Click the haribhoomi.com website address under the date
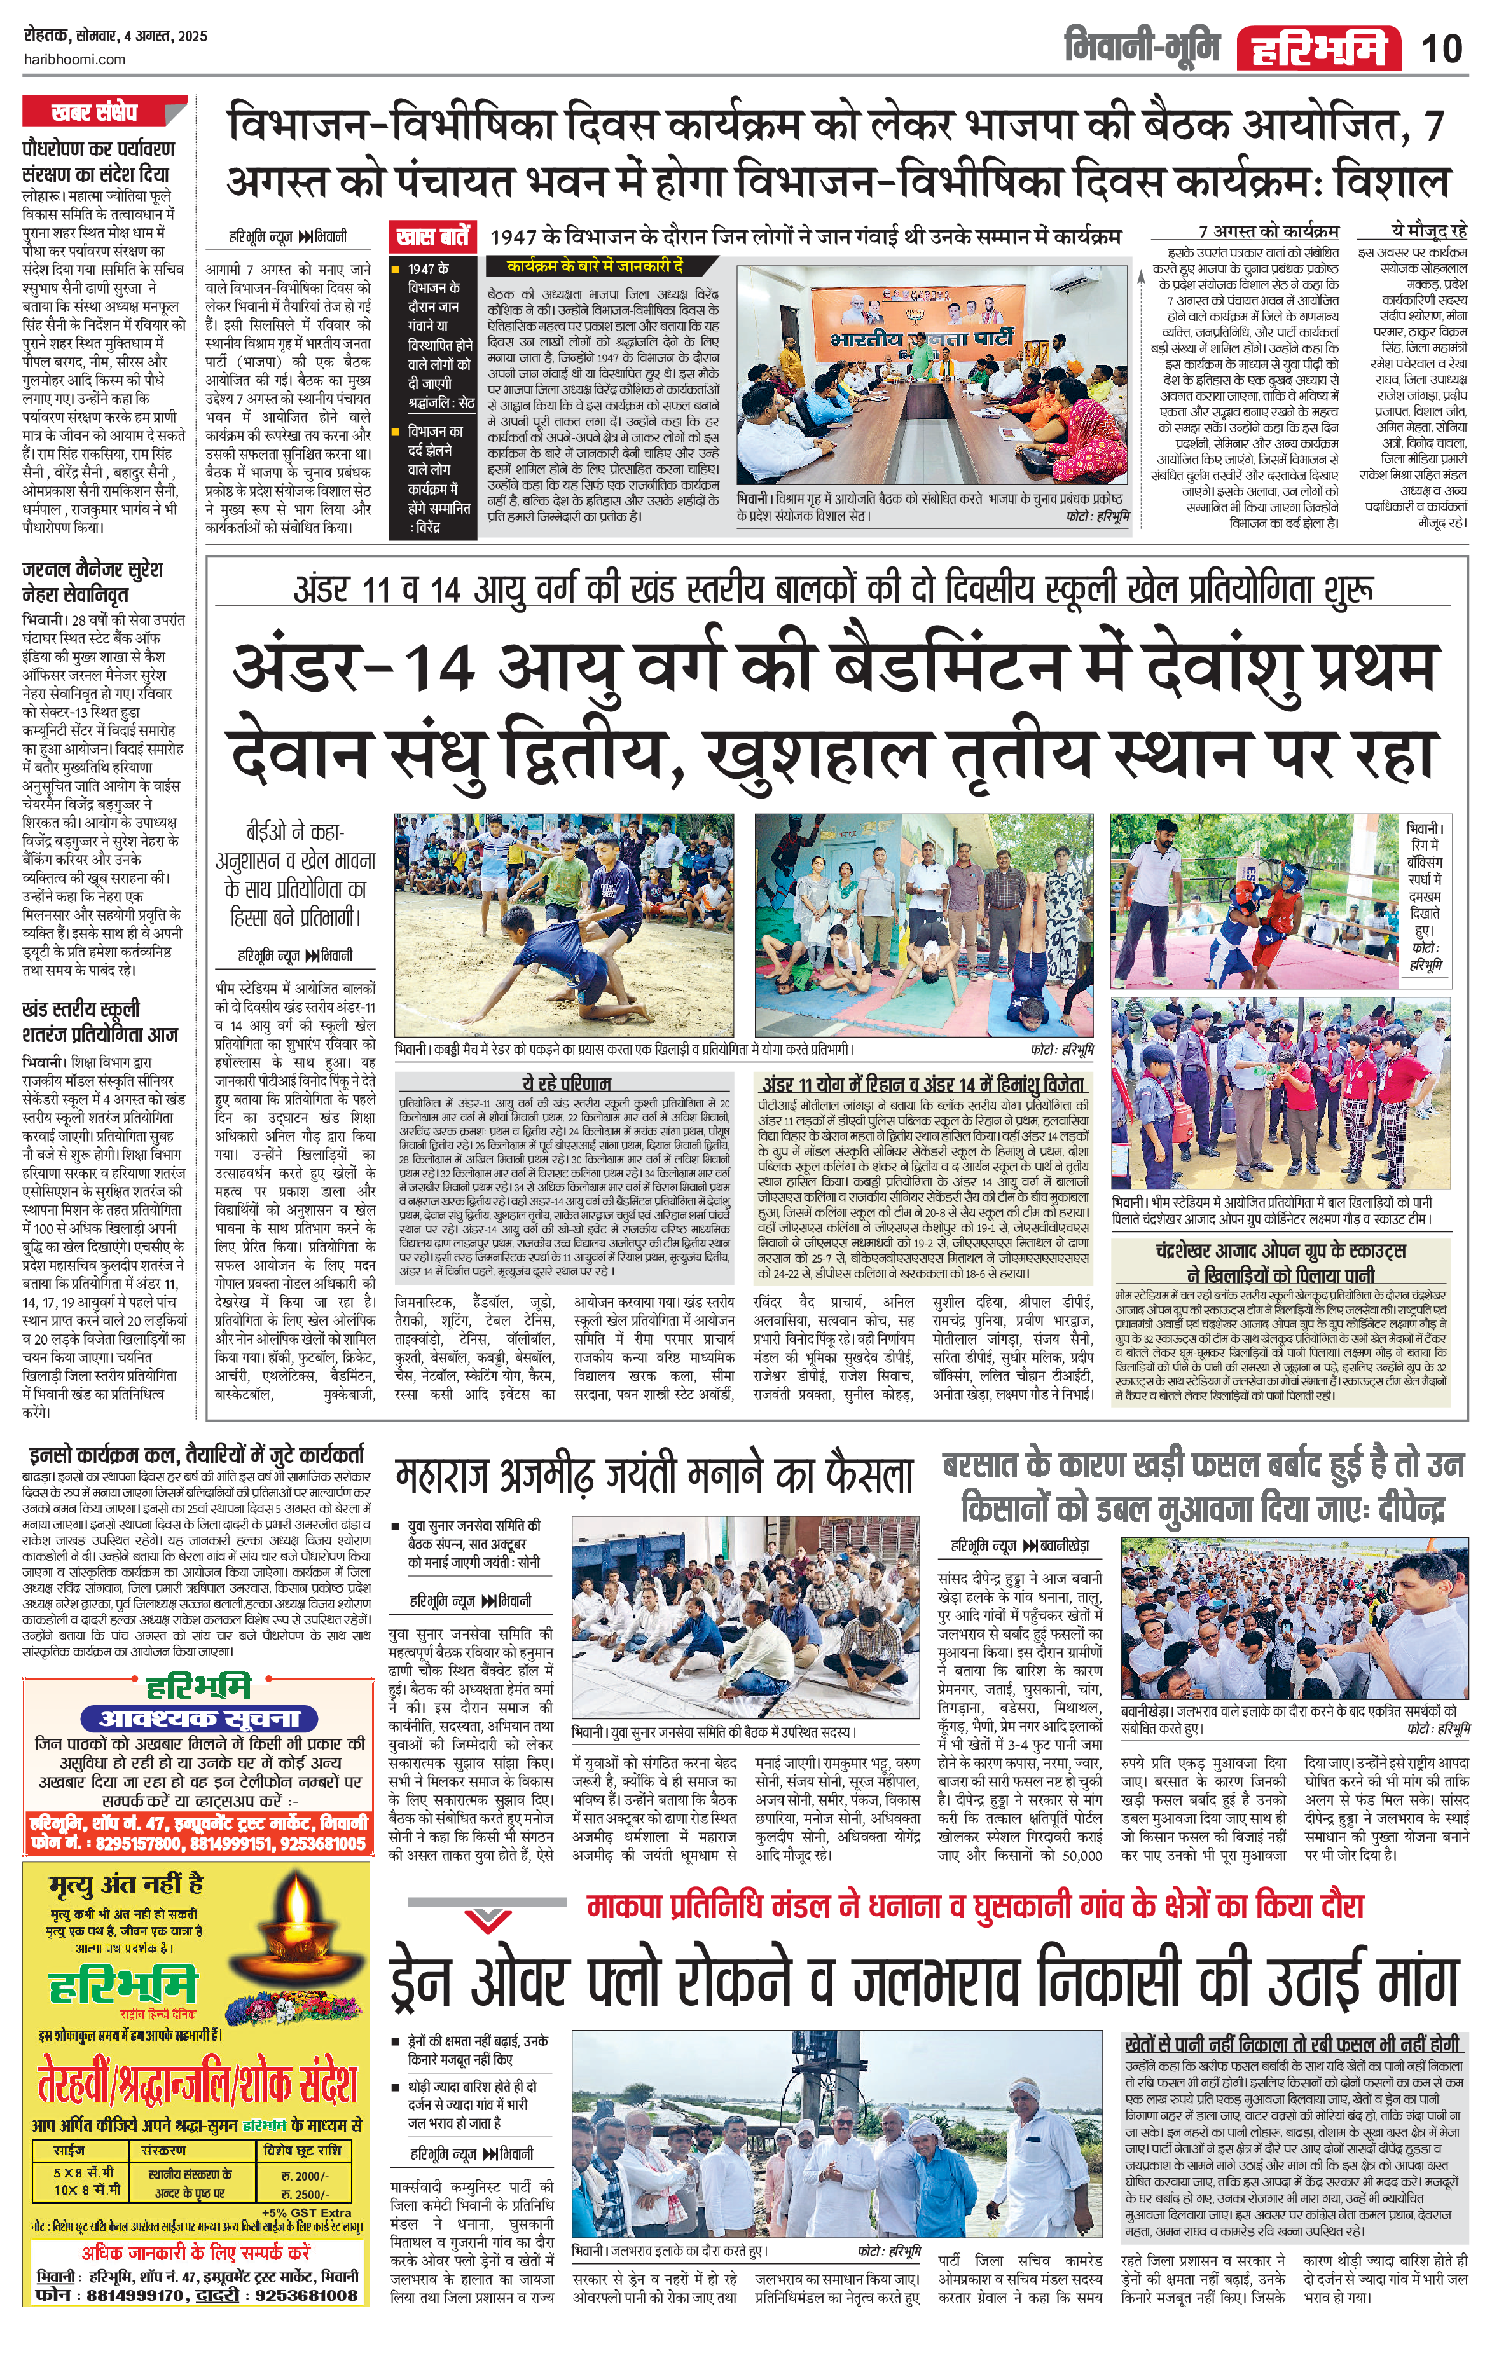[x=74, y=60]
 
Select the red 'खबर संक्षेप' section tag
[x=96, y=112]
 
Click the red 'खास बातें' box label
[x=433, y=236]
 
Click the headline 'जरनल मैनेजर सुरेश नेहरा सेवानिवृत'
[x=92, y=582]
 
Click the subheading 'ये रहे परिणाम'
[x=567, y=1083]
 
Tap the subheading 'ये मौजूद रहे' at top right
[x=1428, y=231]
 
